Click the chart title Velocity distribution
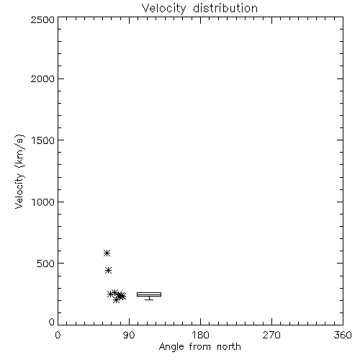point(199,9)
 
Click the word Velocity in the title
point(163,9)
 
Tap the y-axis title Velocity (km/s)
point(19,171)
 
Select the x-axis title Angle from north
point(199,347)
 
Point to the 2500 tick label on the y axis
point(42,19)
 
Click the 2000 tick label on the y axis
point(42,78)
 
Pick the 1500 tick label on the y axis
point(43,140)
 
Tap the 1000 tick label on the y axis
point(43,202)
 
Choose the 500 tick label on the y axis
point(46,264)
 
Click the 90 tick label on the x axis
point(129,335)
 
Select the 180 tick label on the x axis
point(200,335)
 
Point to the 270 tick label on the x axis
point(271,335)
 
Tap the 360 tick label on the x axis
point(343,335)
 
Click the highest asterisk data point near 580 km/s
point(107,253)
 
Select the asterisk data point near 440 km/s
point(108,271)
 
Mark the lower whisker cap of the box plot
point(149,300)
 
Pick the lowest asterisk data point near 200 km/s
point(116,300)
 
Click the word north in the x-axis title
point(229,347)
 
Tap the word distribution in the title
point(225,9)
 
